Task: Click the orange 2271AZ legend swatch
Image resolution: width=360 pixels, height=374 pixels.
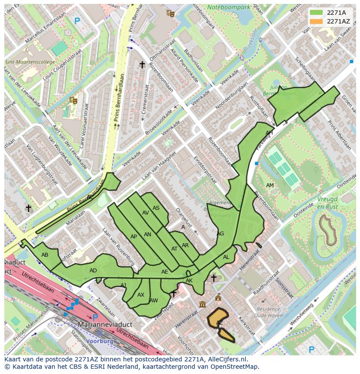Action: click(316, 21)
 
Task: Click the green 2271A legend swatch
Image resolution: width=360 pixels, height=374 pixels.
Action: click(316, 13)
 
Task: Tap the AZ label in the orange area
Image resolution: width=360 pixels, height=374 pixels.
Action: click(220, 323)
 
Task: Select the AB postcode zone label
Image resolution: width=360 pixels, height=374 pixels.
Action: click(45, 255)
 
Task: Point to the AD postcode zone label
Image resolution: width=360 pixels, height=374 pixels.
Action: click(93, 271)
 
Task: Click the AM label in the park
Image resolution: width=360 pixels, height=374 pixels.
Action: click(270, 185)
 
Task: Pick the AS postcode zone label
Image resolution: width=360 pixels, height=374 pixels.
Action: click(156, 208)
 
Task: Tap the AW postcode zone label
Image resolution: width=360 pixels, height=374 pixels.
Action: click(153, 301)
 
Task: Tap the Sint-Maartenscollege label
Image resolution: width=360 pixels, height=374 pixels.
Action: click(30, 62)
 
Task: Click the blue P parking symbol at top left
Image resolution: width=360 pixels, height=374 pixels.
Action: click(77, 20)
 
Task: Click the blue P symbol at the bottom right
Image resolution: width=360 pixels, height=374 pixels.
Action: click(311, 349)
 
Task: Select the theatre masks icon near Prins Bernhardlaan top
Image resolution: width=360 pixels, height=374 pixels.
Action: click(170, 13)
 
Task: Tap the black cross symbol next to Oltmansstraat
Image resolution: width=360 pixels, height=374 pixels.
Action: click(142, 64)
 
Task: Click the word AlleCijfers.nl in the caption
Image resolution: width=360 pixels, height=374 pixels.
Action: click(226, 359)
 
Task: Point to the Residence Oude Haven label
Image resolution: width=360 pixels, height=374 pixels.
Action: click(268, 313)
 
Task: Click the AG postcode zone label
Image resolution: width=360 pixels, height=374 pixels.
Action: click(220, 234)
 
